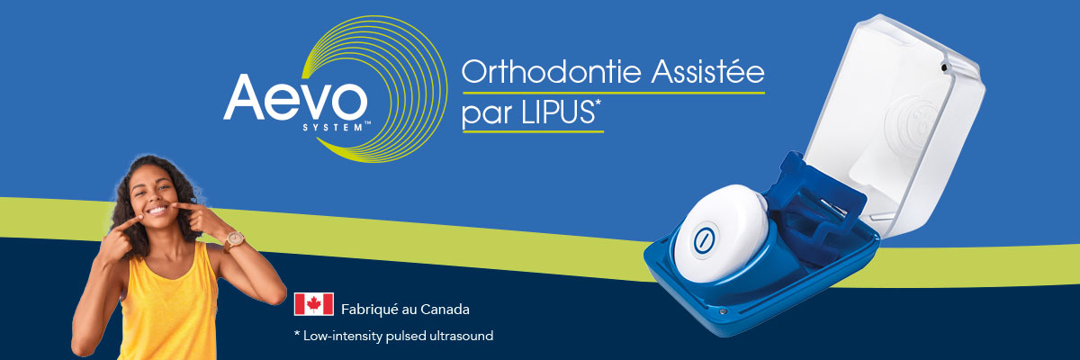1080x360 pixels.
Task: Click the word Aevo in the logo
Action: (x=295, y=97)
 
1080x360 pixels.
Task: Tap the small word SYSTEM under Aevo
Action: (x=333, y=128)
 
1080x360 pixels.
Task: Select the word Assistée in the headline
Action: (x=708, y=71)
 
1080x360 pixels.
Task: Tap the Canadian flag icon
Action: (x=314, y=304)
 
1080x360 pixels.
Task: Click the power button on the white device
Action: (x=704, y=239)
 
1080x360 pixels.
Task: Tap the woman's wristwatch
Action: (x=234, y=239)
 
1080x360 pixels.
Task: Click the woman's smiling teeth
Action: (x=157, y=210)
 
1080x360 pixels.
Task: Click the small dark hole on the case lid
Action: (x=943, y=68)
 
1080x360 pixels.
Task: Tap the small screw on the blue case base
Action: (x=723, y=311)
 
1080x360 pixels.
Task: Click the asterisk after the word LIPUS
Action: (x=598, y=103)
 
